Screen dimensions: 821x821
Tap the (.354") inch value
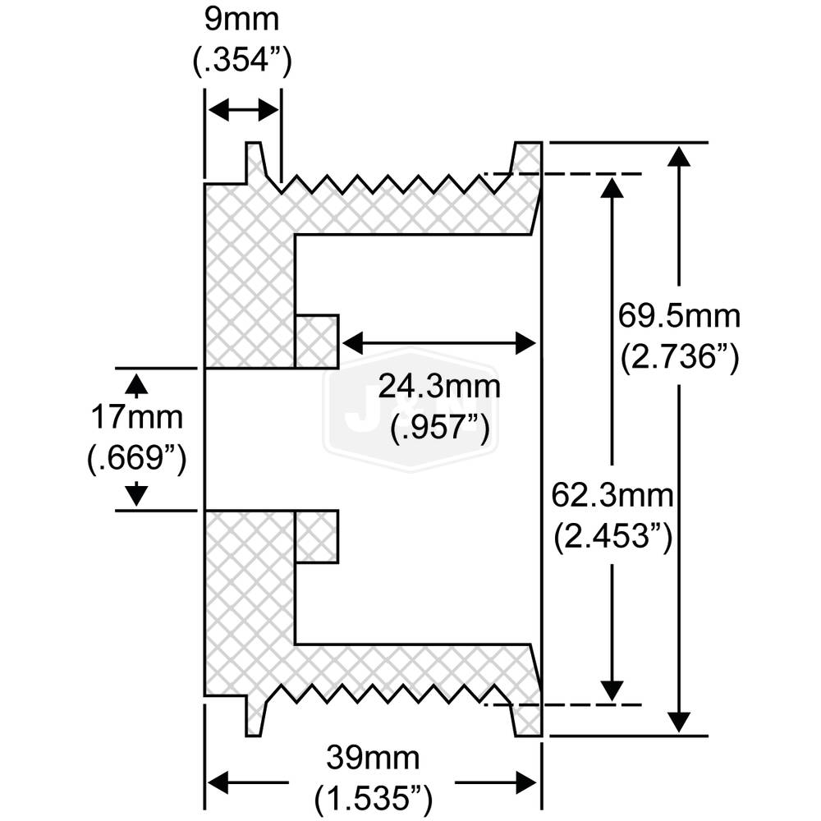243,62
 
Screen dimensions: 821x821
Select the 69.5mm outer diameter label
680,316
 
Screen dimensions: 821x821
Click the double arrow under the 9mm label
243,109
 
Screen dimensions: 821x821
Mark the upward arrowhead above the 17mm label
138,384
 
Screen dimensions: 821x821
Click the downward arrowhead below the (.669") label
138,494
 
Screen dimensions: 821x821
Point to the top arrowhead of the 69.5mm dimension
678,156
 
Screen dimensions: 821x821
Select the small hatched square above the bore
317,341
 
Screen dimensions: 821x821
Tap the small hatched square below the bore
317,536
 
